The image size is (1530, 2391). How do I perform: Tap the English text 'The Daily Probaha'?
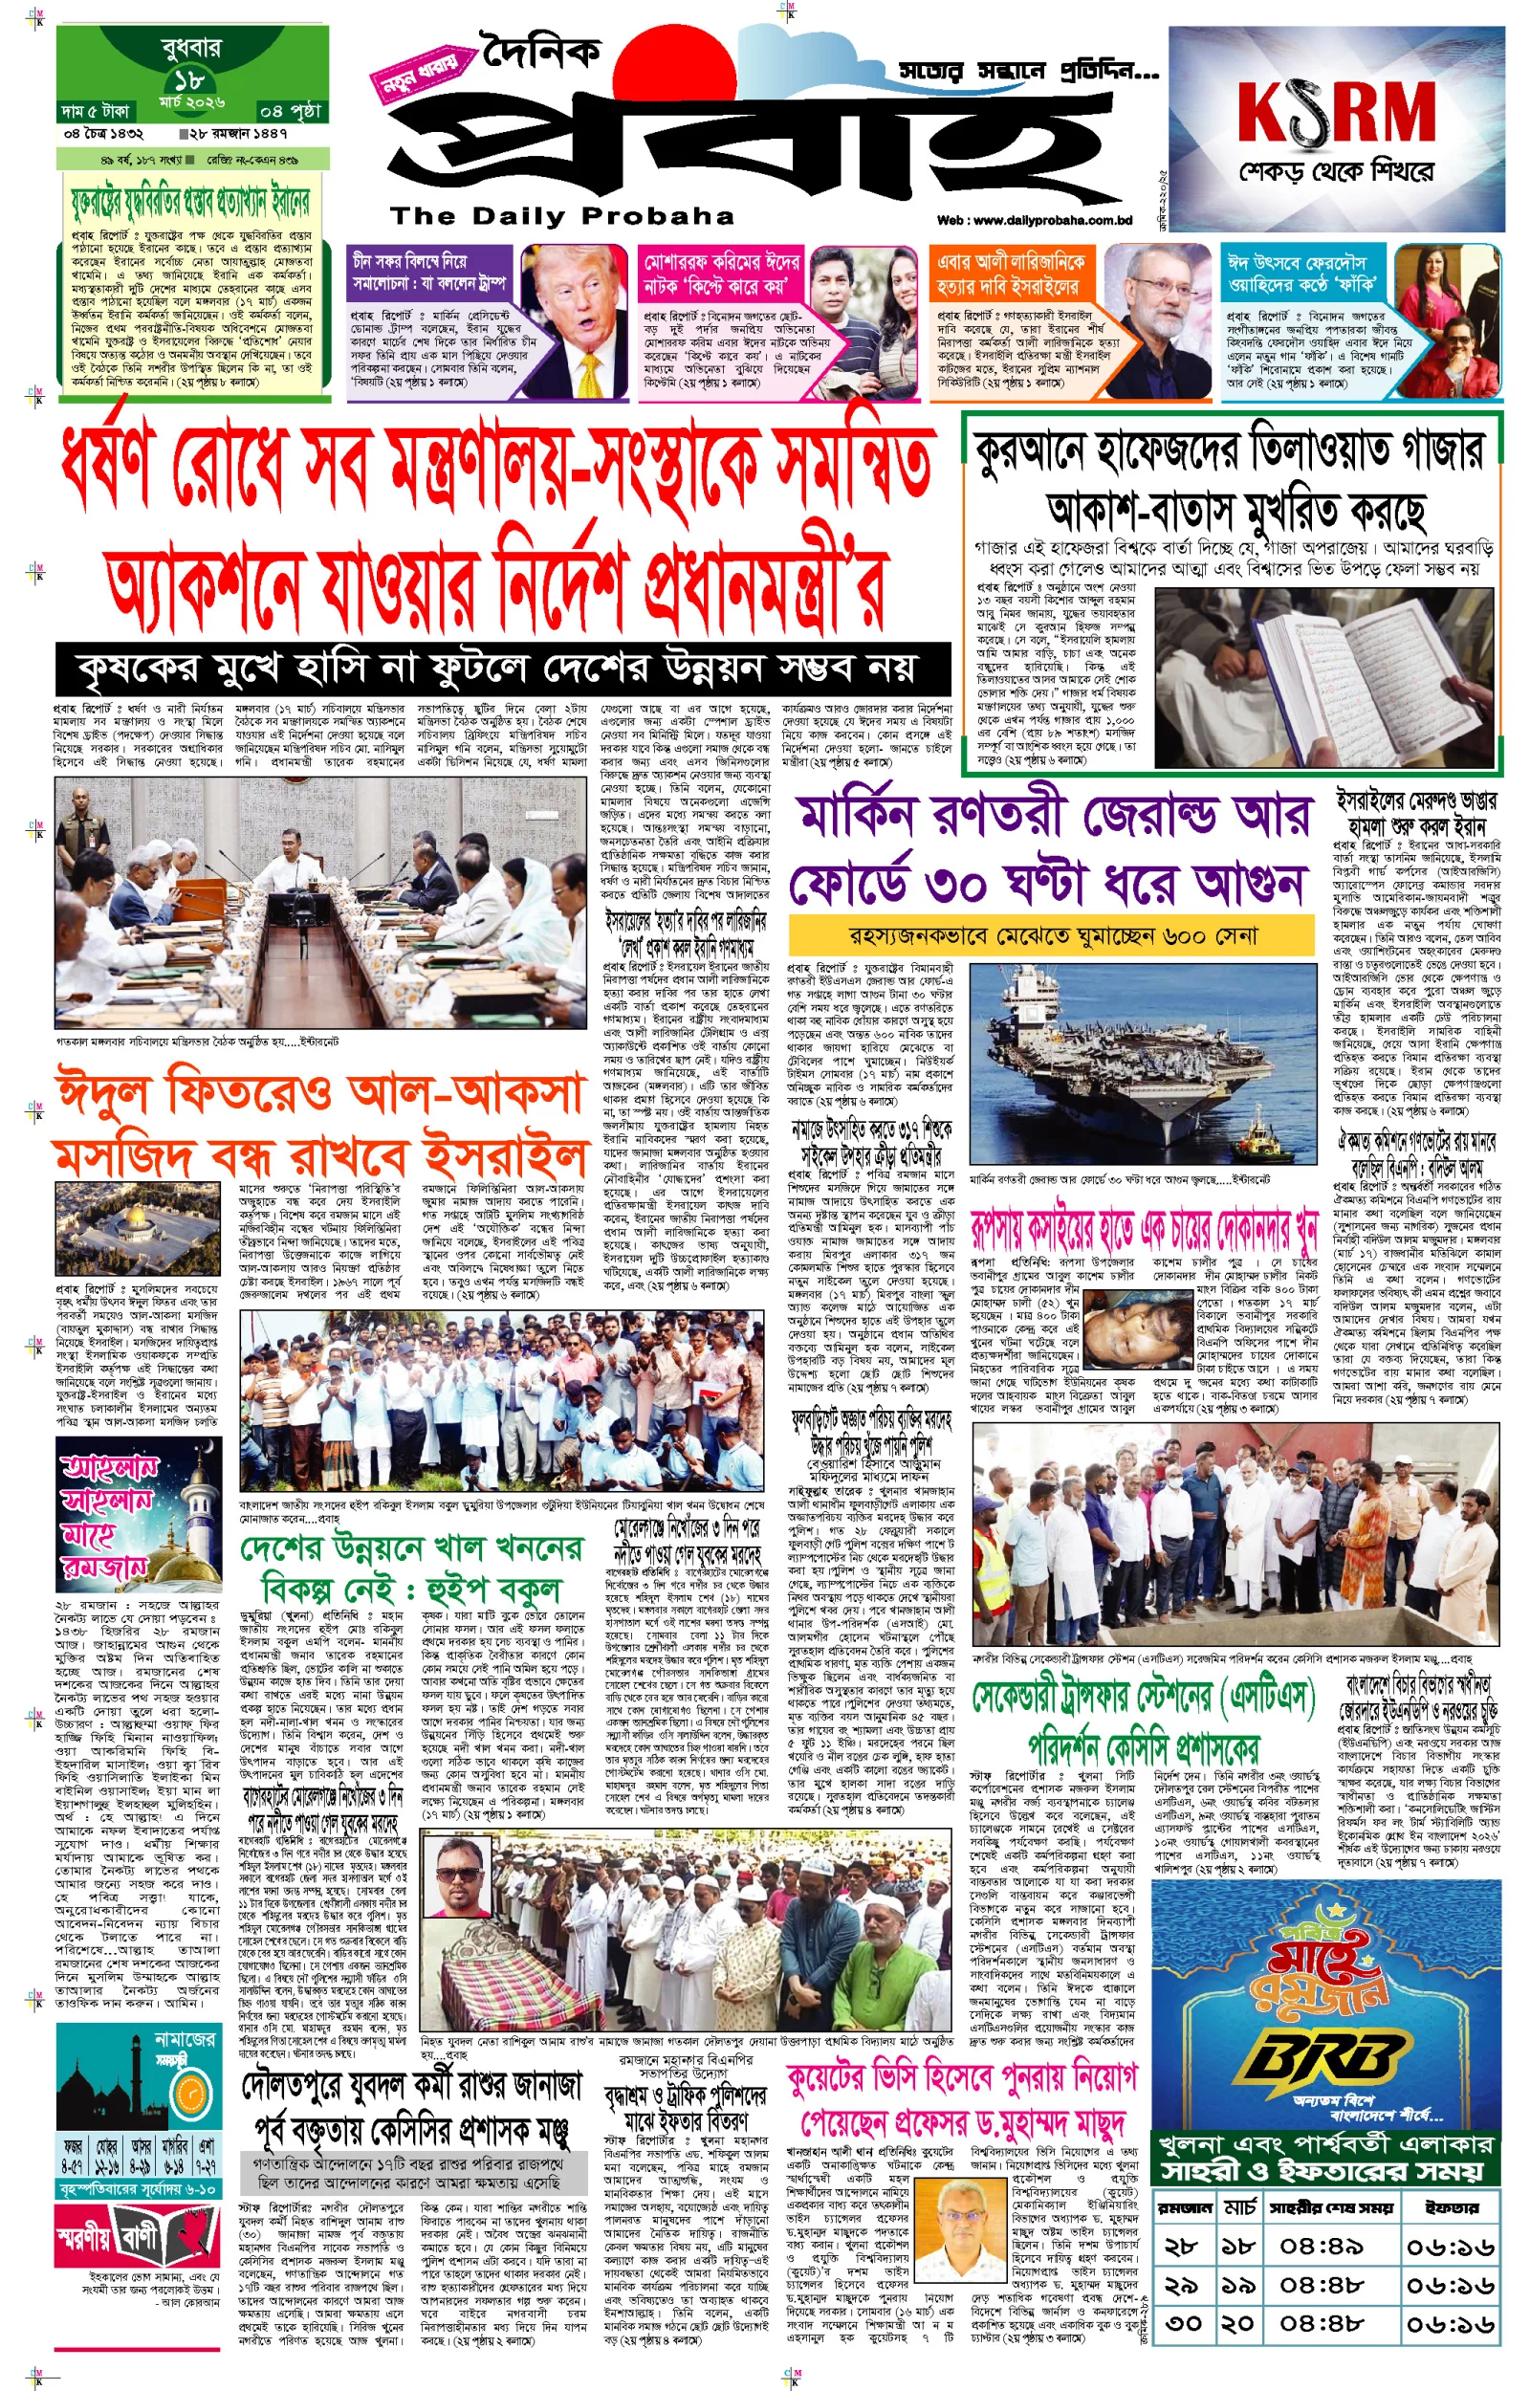[562, 216]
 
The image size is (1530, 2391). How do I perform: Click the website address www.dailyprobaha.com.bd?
[1035, 221]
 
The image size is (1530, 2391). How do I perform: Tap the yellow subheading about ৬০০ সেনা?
[1053, 935]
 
